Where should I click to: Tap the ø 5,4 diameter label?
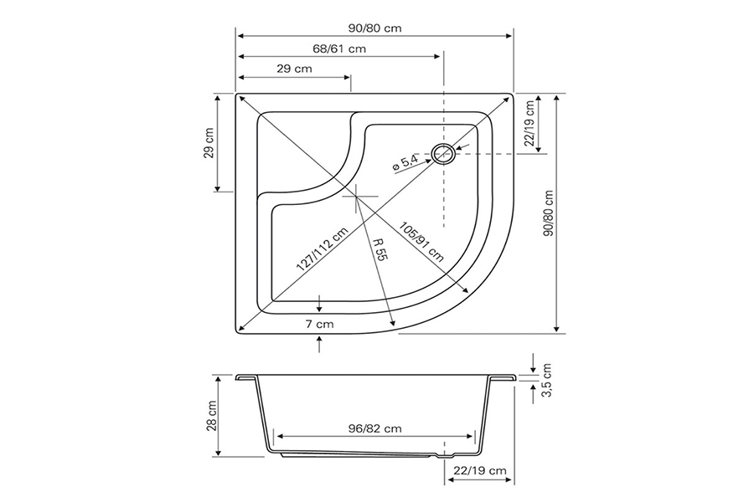pos(405,162)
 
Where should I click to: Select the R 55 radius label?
pos(380,248)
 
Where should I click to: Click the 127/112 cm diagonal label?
pos(322,248)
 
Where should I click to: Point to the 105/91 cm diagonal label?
pos(421,242)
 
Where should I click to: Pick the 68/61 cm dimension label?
pos(339,49)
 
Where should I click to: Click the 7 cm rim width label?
pos(319,325)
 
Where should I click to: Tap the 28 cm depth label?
pos(212,415)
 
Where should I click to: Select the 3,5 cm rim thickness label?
pos(546,380)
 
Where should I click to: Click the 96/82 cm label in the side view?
pos(374,428)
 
